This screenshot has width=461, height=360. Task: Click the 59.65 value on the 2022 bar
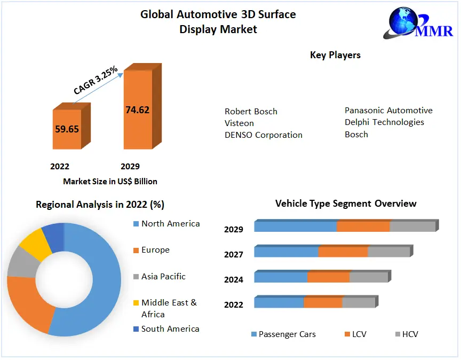click(x=67, y=129)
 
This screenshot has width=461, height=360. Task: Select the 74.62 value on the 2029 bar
click(x=137, y=110)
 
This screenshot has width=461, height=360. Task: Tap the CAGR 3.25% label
click(x=96, y=80)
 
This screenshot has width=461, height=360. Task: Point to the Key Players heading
click(x=335, y=55)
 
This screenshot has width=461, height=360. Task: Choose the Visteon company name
click(x=239, y=123)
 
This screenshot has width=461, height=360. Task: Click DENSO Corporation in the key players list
click(x=264, y=135)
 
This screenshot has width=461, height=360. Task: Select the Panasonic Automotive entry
click(x=388, y=111)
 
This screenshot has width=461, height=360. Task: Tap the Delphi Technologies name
click(x=384, y=122)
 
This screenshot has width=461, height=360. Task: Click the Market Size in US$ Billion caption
click(x=110, y=182)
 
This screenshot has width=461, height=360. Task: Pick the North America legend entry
click(x=170, y=224)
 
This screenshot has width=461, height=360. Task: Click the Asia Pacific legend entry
click(x=163, y=277)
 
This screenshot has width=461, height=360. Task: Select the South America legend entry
click(x=170, y=329)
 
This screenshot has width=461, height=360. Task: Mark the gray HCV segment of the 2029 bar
click(x=412, y=226)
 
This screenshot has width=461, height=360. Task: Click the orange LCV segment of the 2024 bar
click(x=328, y=277)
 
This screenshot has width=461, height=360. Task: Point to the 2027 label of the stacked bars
click(x=234, y=255)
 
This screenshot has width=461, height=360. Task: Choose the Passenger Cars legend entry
click(x=287, y=334)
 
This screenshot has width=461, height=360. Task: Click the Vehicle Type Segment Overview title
click(x=346, y=204)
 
